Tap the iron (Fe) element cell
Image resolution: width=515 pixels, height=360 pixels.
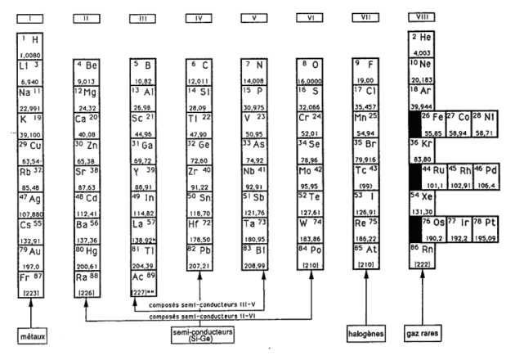pos(433,123)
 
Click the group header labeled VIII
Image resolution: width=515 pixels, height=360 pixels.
pos(422,17)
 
